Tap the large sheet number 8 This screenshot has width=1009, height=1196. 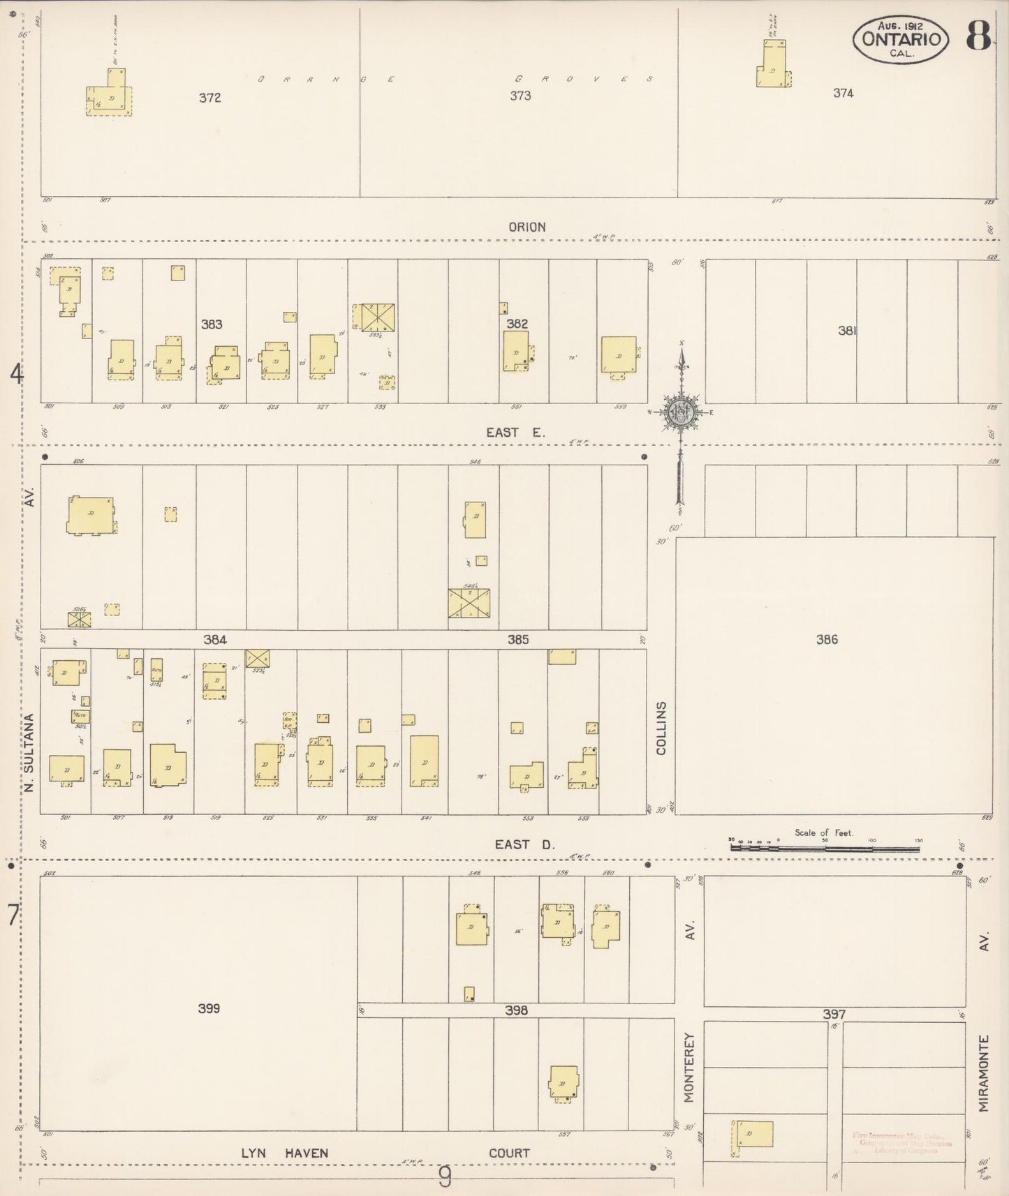pos(978,36)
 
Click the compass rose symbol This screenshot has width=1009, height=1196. pos(680,412)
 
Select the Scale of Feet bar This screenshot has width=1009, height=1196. pos(825,847)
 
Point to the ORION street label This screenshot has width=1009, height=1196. pos(527,227)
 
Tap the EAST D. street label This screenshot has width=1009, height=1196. pos(524,844)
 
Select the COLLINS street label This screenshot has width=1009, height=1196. pos(661,728)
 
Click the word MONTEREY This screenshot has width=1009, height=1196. pos(689,1067)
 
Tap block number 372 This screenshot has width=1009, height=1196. pos(209,98)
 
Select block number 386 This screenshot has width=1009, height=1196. pos(827,639)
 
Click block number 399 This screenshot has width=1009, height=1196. pos(209,1008)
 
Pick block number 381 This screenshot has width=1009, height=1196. pos(847,331)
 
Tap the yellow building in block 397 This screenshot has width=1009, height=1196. pos(753,1134)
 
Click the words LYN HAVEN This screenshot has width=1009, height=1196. pos(284,1153)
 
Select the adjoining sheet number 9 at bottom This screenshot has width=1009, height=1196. pos(445,1179)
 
